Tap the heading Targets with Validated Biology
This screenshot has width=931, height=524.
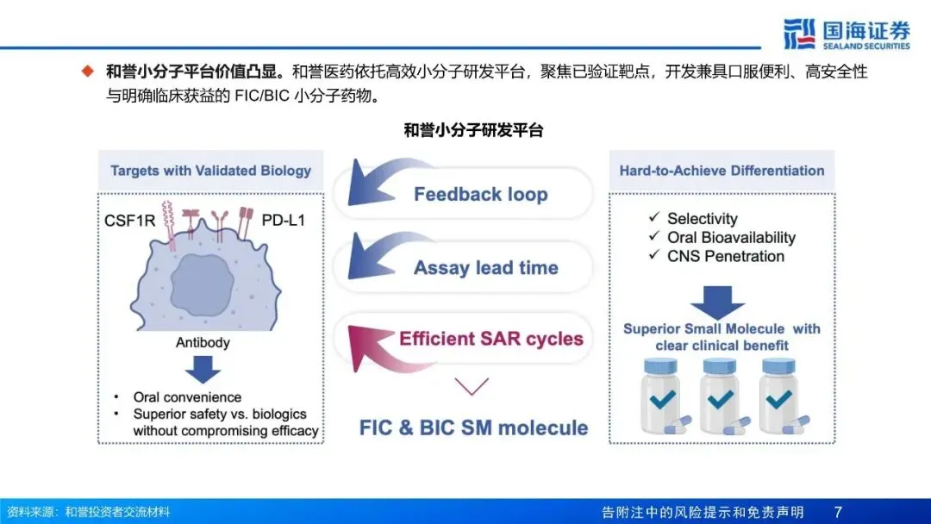pyautogui.click(x=210, y=171)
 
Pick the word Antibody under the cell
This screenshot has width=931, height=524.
pyautogui.click(x=203, y=342)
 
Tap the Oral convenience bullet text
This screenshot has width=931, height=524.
pyautogui.click(x=187, y=397)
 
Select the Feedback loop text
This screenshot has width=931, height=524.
pyautogui.click(x=480, y=194)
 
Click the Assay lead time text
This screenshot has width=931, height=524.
pyautogui.click(x=485, y=268)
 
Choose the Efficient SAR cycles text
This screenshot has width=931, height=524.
pyautogui.click(x=490, y=339)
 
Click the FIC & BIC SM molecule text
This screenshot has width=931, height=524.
pyautogui.click(x=473, y=427)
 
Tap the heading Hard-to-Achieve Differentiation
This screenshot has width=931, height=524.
pyautogui.click(x=722, y=171)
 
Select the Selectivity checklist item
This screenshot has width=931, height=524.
pyautogui.click(x=702, y=219)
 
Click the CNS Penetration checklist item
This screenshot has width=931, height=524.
pyautogui.click(x=725, y=256)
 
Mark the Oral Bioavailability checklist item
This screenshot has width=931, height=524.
pyautogui.click(x=730, y=238)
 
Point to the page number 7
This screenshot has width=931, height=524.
pyautogui.click(x=837, y=512)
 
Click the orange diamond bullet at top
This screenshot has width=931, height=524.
pyautogui.click(x=87, y=71)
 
